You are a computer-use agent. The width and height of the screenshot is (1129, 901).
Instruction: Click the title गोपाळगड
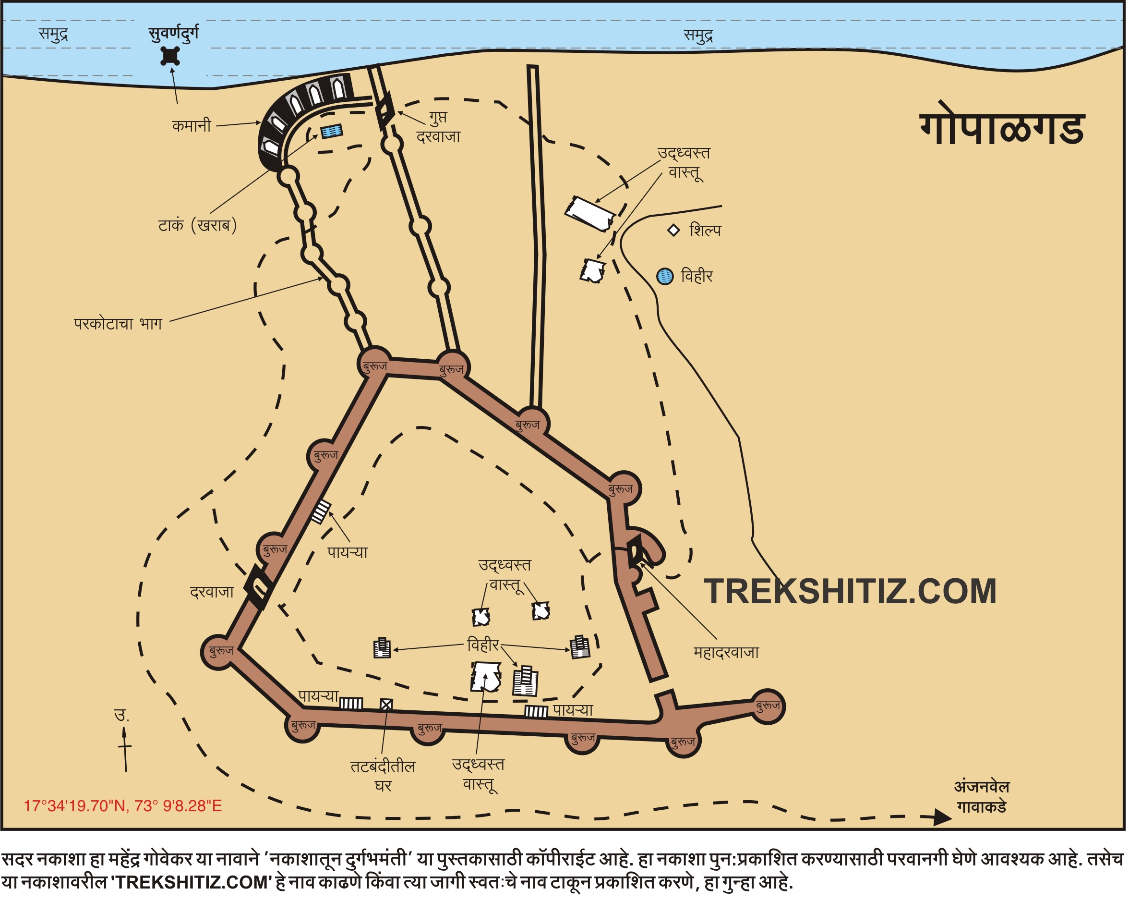(1002, 129)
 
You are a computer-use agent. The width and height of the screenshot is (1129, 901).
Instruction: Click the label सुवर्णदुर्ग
(173, 34)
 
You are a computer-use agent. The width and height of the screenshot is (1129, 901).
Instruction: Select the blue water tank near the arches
(332, 131)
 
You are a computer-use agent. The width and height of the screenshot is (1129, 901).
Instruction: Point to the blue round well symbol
(665, 276)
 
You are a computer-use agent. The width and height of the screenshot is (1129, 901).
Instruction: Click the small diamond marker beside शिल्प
(673, 230)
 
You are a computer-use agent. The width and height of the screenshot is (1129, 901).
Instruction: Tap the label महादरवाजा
(726, 653)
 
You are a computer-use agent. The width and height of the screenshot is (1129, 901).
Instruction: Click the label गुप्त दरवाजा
(438, 127)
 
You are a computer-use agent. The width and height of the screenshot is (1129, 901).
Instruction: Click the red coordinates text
(123, 805)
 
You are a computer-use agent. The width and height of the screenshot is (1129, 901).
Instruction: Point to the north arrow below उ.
(125, 749)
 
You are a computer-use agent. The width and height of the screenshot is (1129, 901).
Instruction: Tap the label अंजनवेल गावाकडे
(982, 796)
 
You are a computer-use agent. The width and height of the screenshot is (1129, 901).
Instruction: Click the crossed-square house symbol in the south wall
(386, 705)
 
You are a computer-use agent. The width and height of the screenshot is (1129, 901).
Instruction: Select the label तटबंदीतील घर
(383, 776)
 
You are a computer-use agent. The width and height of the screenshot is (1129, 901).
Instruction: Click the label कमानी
(192, 126)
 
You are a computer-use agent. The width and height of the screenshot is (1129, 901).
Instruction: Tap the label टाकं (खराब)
(197, 225)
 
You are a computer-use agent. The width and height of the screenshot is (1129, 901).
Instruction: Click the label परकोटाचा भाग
(118, 324)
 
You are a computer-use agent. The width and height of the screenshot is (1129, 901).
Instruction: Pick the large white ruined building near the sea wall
(590, 213)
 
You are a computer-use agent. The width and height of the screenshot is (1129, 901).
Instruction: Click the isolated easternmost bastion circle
(768, 706)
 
